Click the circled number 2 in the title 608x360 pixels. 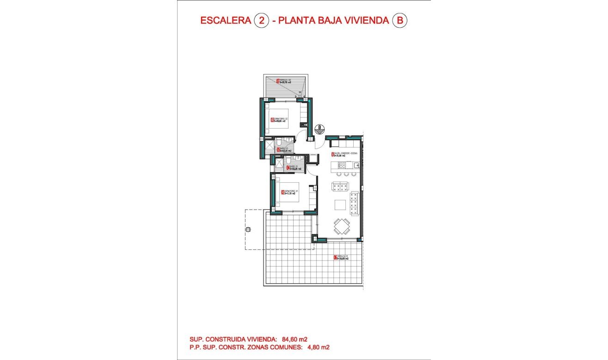(262, 21)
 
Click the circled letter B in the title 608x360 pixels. (399, 21)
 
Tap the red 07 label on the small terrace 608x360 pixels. (278, 81)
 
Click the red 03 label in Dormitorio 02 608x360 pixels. (272, 121)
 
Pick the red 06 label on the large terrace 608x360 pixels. (335, 258)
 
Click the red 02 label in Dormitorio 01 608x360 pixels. (282, 192)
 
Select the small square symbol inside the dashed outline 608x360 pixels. (248, 230)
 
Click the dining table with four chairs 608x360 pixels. (342, 227)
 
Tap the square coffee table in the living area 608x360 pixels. (340, 205)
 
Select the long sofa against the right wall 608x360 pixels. (355, 204)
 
